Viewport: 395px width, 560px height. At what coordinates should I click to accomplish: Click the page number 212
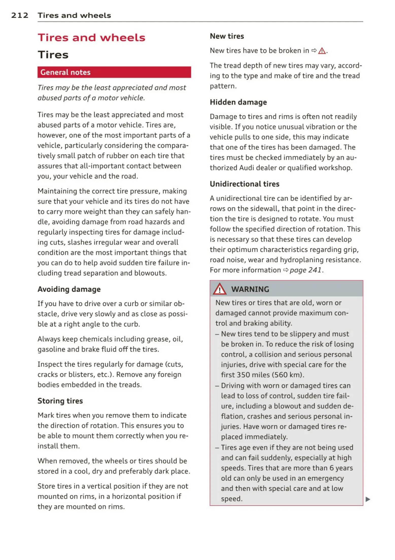pos(20,15)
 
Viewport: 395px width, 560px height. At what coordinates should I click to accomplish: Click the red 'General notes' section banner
pos(114,72)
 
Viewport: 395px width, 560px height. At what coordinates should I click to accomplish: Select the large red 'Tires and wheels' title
pos(91,38)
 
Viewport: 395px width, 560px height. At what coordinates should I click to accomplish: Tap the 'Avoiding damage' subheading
pos(69,289)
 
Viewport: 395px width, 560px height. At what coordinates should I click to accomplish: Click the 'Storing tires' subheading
pos(60,401)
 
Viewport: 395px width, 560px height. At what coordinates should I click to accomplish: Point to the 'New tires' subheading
pos(227,36)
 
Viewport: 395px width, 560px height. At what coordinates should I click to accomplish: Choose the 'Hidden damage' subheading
pos(238,102)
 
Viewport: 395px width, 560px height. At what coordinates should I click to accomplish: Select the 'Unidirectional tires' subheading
pos(244,184)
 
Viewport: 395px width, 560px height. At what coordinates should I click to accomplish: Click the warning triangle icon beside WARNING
pos(219,289)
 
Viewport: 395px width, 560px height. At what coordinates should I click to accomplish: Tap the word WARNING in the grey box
pos(250,289)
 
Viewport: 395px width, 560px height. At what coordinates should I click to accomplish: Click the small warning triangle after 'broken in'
pos(322,51)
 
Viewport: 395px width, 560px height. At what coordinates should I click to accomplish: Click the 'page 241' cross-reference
pos(305,270)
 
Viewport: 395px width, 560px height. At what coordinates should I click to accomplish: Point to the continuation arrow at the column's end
pos(368,499)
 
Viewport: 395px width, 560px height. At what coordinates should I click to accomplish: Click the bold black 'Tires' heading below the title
pos(53,55)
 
